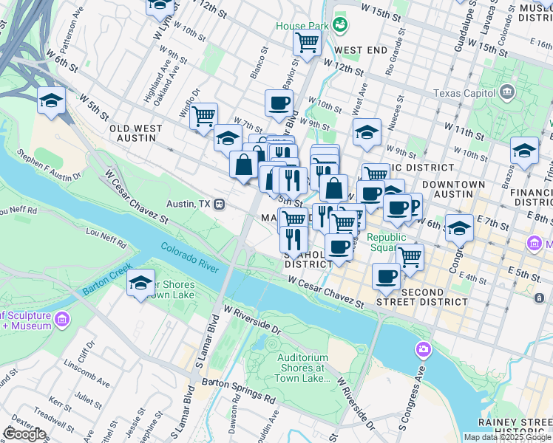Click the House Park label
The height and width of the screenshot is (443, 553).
coord(302,26)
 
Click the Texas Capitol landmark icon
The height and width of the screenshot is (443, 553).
coord(507,92)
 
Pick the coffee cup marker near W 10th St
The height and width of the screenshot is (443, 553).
coord(279,104)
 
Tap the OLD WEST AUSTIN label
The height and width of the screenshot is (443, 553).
coord(135,133)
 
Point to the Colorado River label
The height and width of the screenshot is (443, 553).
coord(190,258)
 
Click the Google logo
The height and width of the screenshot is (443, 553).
coord(25,434)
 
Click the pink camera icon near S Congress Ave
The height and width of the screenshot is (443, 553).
coord(423,348)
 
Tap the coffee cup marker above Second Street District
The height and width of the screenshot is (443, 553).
coord(385,277)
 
